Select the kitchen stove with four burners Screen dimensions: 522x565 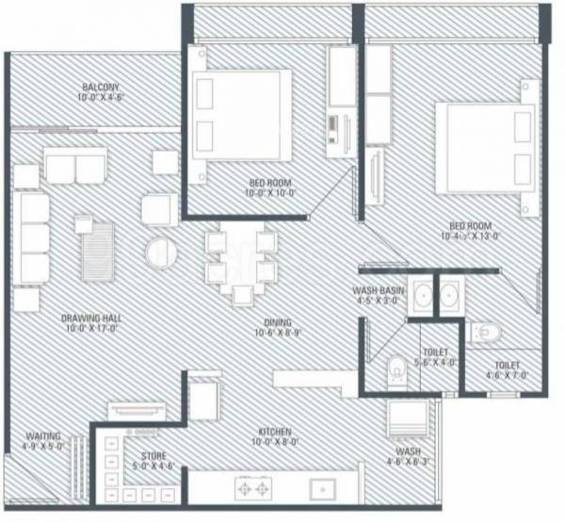253,491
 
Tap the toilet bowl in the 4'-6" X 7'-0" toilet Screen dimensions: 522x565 486,332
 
